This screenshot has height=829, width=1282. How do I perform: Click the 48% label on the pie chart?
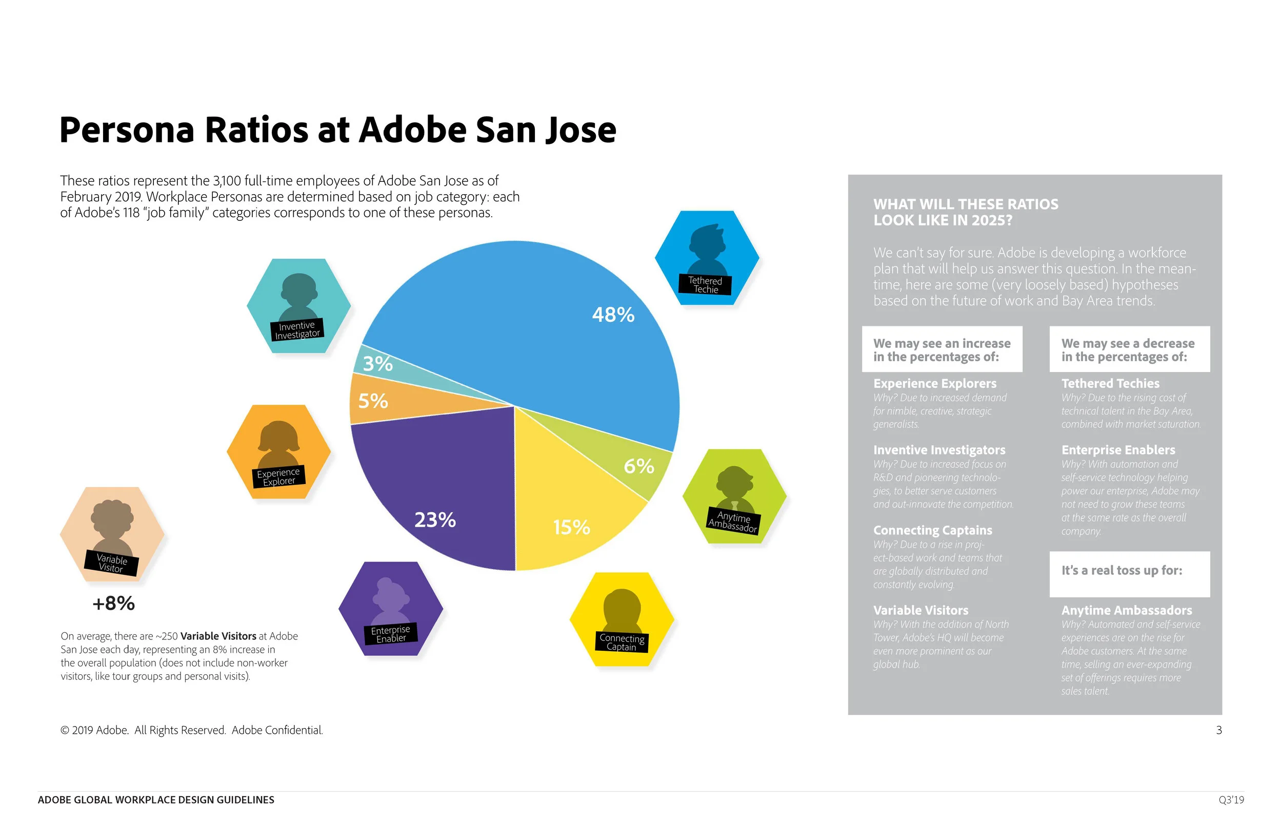pyautogui.click(x=613, y=315)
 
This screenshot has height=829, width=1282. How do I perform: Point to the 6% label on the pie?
pyautogui.click(x=638, y=466)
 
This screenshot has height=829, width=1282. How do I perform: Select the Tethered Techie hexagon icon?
pyautogui.click(x=707, y=258)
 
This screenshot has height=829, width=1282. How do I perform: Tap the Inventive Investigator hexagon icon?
pyautogui.click(x=299, y=306)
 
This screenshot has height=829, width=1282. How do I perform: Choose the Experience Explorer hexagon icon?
pyautogui.click(x=278, y=451)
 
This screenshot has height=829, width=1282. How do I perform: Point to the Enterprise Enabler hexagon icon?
pyautogui.click(x=391, y=608)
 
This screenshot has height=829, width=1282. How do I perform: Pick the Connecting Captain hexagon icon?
pyautogui.click(x=622, y=619)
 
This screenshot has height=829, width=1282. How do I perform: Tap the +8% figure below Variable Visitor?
pyautogui.click(x=113, y=604)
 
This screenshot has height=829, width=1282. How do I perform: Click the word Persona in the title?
pyautogui.click(x=127, y=130)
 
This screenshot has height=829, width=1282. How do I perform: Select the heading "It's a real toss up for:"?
pyautogui.click(x=1121, y=571)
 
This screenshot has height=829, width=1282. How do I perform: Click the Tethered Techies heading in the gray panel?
pyautogui.click(x=1110, y=384)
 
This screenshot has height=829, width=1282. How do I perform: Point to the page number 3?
pyautogui.click(x=1218, y=731)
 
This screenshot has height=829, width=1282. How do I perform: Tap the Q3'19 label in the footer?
pyautogui.click(x=1231, y=800)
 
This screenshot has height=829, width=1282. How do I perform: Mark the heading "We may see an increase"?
pyautogui.click(x=942, y=343)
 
